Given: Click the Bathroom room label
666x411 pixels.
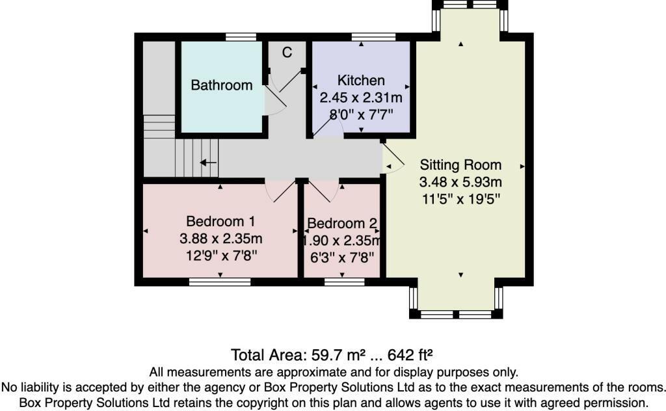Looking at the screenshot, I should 221,85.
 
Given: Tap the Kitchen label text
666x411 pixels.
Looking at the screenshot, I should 361,81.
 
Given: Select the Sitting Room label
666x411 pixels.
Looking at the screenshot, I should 460,164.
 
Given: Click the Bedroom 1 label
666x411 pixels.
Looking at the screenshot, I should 220,220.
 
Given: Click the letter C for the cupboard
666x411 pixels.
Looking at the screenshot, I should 287,53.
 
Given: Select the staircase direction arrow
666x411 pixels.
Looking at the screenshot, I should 208,163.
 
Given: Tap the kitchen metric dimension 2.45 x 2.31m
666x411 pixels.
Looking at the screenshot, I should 361,98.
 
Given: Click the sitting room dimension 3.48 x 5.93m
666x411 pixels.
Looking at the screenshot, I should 460,181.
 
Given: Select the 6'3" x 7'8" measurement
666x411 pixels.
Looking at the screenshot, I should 342,257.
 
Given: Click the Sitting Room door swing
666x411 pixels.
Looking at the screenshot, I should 392,159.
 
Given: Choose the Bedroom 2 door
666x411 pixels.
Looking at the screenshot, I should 323,190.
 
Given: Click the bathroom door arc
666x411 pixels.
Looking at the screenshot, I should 274,104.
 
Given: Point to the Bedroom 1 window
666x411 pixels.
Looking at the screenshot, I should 220,282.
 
